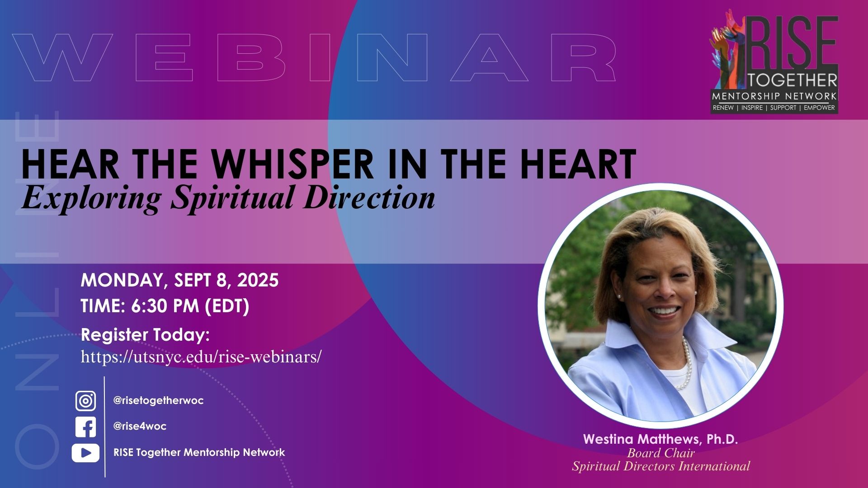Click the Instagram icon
[85, 401]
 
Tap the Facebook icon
[85, 427]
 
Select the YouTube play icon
[85, 453]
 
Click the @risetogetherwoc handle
[158, 401]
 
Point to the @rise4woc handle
[140, 427]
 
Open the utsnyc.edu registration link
[201, 357]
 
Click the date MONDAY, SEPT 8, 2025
[179, 280]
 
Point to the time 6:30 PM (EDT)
[190, 306]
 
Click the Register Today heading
[145, 335]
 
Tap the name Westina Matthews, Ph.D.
[660, 439]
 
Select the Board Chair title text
[660, 453]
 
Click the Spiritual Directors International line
[660, 466]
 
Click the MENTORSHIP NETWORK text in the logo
[774, 96]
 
